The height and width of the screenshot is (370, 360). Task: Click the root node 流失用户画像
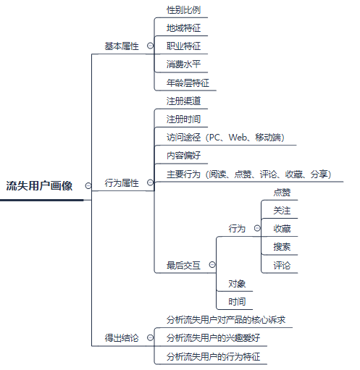click(x=39, y=186)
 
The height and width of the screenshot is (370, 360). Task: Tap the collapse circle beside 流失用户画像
click(x=88, y=185)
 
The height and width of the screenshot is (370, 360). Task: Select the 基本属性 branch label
click(x=122, y=46)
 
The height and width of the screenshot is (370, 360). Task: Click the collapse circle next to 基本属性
click(x=150, y=46)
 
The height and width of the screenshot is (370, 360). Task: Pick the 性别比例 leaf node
click(x=183, y=10)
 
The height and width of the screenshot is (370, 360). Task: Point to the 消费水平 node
click(x=183, y=64)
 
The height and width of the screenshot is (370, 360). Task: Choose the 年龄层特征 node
click(x=188, y=83)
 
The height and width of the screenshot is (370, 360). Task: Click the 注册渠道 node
click(x=183, y=101)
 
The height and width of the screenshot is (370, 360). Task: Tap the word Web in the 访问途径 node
click(x=238, y=138)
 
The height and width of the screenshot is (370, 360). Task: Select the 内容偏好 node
click(x=183, y=156)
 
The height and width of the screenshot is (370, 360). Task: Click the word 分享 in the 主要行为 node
click(x=319, y=174)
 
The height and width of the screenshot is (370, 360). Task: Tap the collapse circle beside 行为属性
click(x=150, y=182)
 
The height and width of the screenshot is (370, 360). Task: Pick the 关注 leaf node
click(x=282, y=211)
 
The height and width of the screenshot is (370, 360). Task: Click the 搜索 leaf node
click(x=282, y=247)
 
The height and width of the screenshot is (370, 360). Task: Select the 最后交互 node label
click(x=183, y=265)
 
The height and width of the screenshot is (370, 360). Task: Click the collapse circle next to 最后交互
click(x=212, y=265)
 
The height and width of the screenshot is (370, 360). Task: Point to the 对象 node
click(x=237, y=284)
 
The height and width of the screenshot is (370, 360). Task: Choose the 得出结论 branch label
click(x=122, y=338)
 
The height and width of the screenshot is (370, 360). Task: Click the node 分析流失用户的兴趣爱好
click(x=213, y=338)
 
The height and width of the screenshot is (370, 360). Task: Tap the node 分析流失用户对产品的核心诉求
click(x=226, y=320)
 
